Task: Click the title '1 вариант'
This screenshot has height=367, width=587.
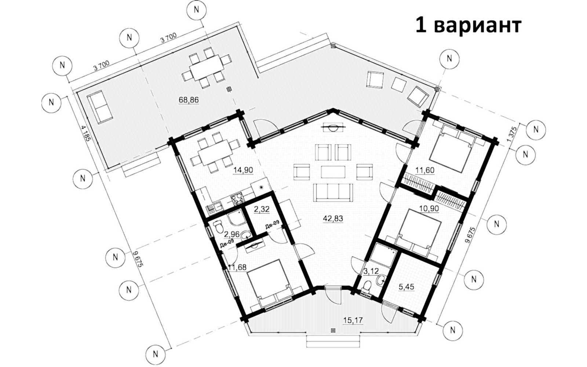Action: (x=468, y=26)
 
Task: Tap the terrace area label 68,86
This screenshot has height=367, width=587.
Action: (x=189, y=100)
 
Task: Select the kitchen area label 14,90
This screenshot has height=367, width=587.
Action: (x=243, y=170)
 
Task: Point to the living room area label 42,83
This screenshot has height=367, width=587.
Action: (x=333, y=218)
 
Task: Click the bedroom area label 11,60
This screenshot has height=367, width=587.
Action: (x=425, y=170)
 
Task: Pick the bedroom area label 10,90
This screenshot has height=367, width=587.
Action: (x=429, y=209)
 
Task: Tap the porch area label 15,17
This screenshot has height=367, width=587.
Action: (x=353, y=320)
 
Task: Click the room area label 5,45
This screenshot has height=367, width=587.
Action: (x=406, y=287)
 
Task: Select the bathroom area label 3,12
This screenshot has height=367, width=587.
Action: (x=371, y=271)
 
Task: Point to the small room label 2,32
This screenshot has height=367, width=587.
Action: (x=262, y=209)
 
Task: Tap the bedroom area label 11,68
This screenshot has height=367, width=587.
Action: (x=237, y=268)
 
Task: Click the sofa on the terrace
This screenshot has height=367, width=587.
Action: (x=100, y=107)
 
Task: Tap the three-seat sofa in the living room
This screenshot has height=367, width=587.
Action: (x=333, y=192)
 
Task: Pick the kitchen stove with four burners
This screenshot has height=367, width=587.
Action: (x=237, y=199)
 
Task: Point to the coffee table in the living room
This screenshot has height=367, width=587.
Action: (x=333, y=172)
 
